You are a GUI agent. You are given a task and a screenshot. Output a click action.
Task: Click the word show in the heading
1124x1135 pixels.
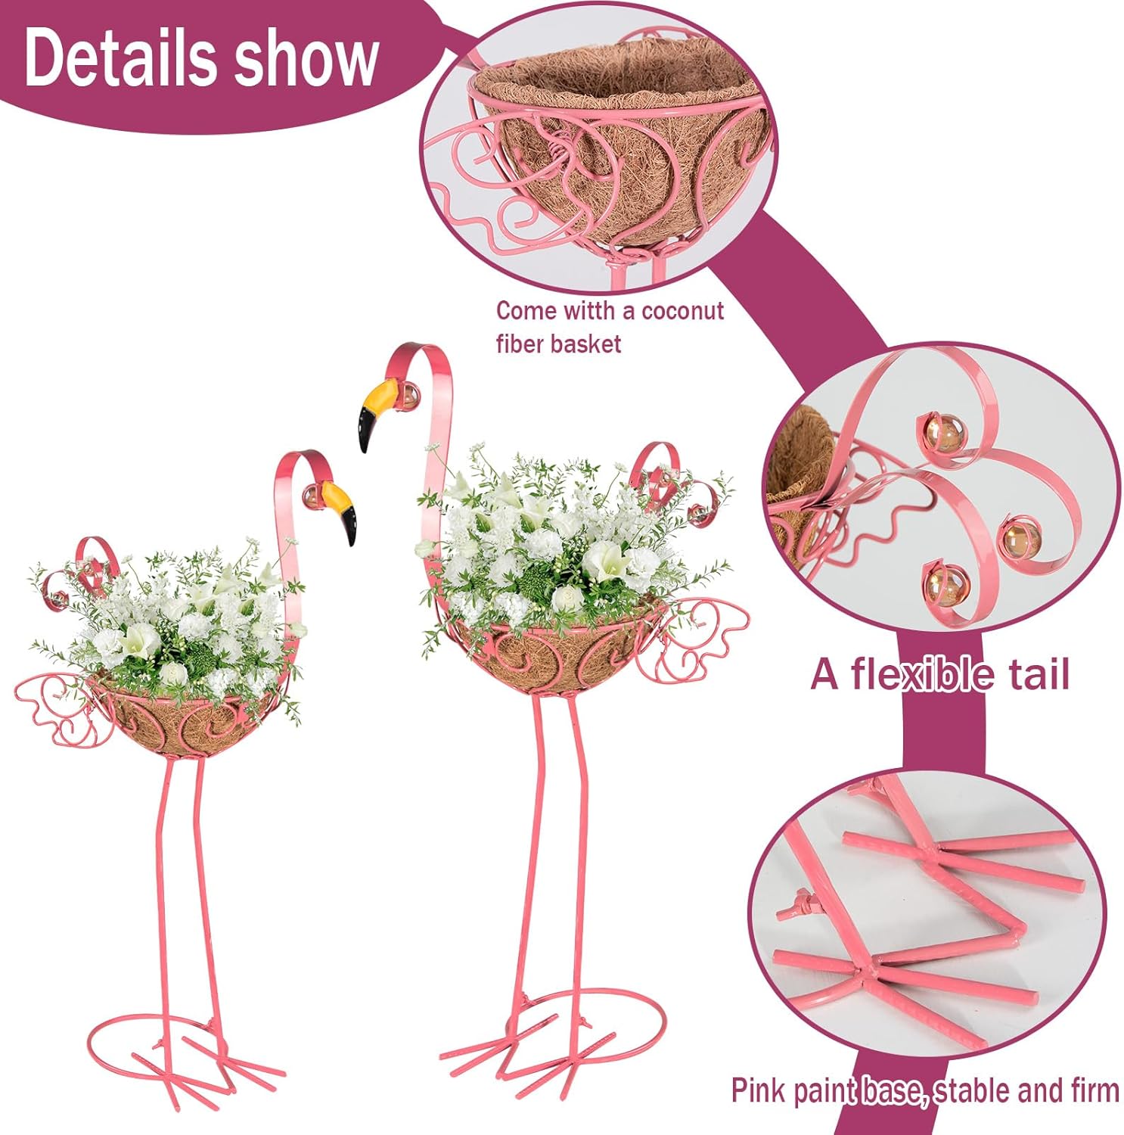[305, 58]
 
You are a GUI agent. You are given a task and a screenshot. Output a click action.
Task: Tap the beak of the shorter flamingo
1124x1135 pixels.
[340, 510]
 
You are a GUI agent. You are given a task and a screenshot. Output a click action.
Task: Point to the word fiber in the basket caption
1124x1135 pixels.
[520, 344]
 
